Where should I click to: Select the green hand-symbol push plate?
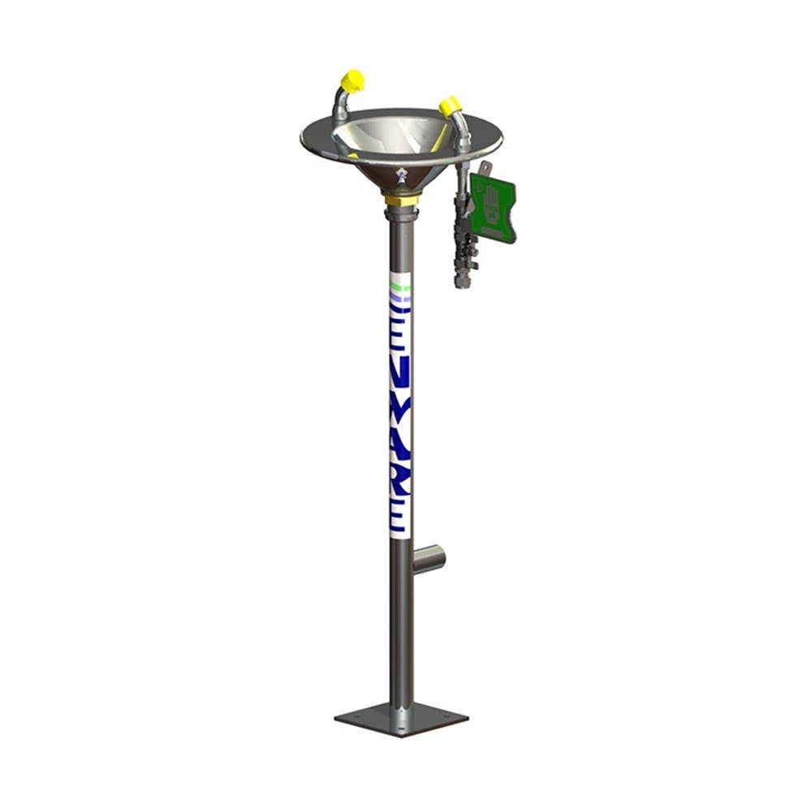(x=493, y=207)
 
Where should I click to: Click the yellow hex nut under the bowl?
(x=400, y=199)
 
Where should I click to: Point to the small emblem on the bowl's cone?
(x=401, y=176)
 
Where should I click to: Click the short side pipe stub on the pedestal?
(x=429, y=559)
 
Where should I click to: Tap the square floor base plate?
(x=401, y=719)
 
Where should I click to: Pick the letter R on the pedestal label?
(x=401, y=484)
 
